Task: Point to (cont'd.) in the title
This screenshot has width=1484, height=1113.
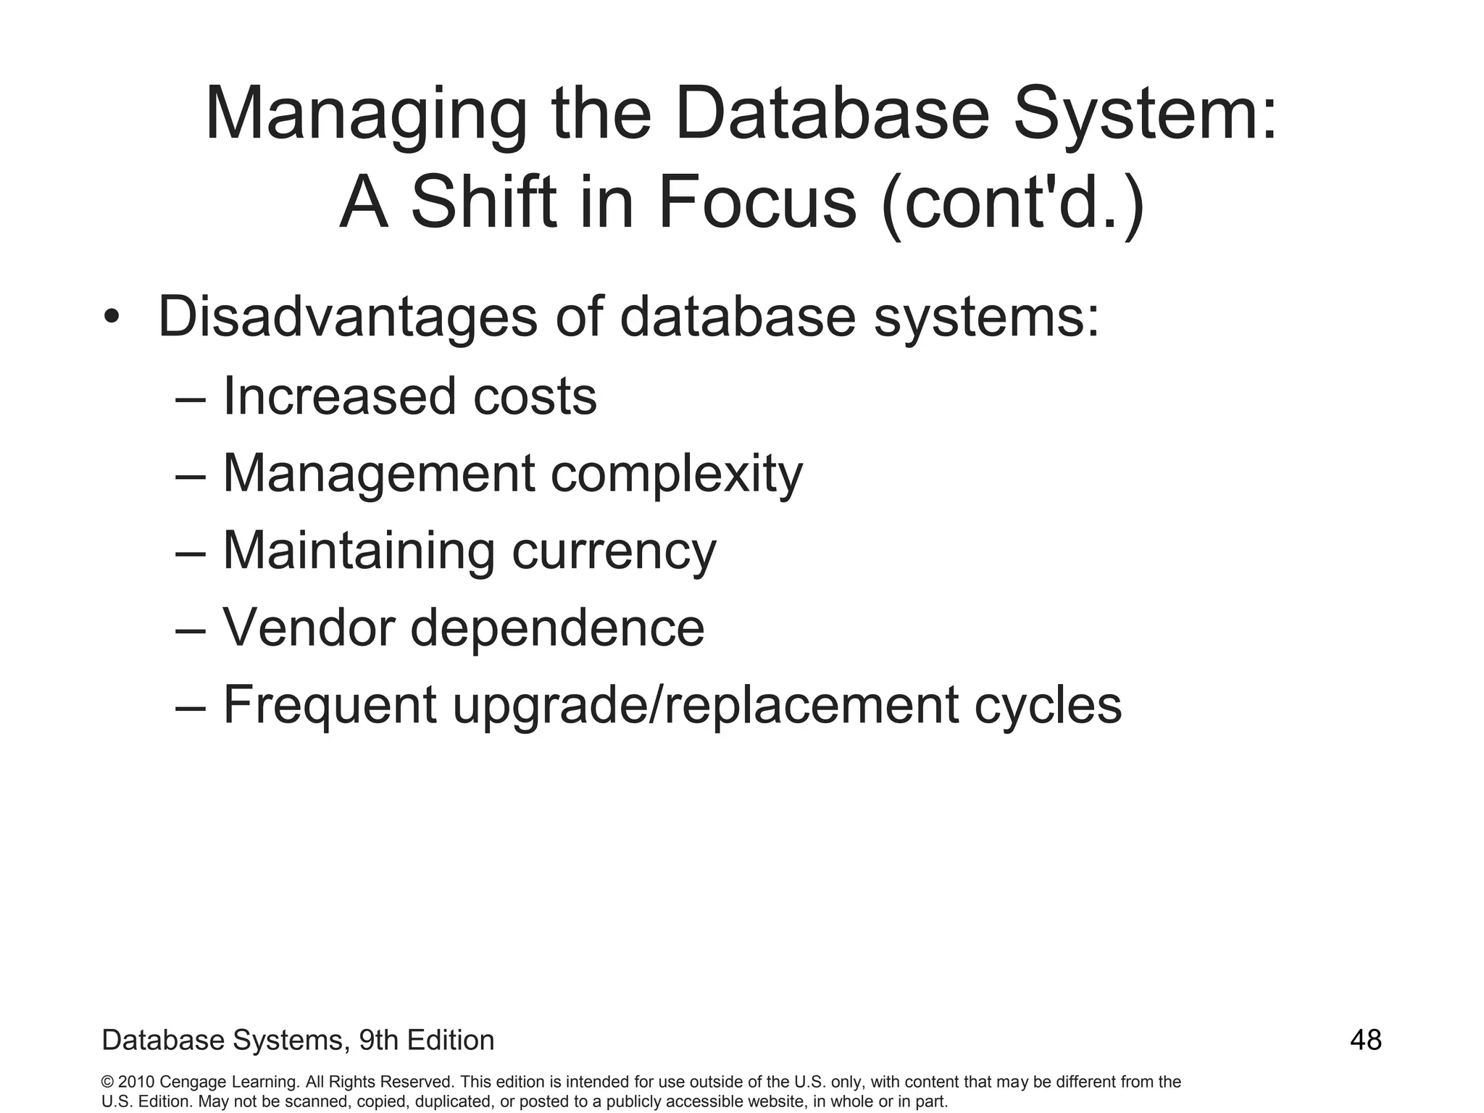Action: [1014, 204]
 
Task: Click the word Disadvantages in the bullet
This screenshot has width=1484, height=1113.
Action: [347, 317]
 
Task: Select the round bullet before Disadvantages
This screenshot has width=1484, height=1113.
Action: [110, 318]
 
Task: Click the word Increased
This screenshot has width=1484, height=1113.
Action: [339, 396]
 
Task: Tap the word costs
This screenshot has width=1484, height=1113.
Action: [535, 398]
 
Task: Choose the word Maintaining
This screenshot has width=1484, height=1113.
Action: [358, 551]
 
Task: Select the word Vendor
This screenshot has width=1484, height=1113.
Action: [309, 628]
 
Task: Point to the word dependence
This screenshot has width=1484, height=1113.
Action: [557, 628]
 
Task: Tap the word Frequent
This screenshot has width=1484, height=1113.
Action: [330, 705]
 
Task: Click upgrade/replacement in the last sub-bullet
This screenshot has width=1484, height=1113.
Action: [706, 705]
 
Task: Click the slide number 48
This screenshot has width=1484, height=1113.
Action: [1366, 1040]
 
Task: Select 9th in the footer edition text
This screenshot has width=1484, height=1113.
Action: [378, 1040]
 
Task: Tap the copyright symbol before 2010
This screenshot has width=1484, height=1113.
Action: [107, 1083]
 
